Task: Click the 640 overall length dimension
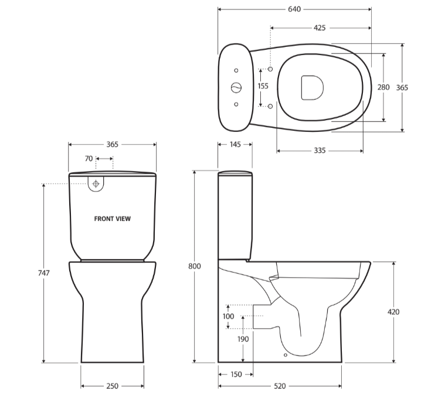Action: tap(294, 9)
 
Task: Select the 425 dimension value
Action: tap(320, 28)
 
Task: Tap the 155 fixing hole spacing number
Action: tap(263, 86)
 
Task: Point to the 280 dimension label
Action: tap(383, 87)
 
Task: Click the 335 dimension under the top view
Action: tap(320, 151)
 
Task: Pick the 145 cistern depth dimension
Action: tap(235, 144)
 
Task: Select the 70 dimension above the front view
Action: tap(89, 158)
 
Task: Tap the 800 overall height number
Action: tap(195, 266)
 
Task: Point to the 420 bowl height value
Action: tap(393, 312)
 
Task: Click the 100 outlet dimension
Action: tap(228, 317)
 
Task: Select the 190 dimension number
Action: tap(243, 339)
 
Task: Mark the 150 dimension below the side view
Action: tap(235, 374)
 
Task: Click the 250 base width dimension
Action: tap(113, 386)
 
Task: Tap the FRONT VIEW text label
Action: tap(113, 219)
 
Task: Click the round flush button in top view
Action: tap(236, 87)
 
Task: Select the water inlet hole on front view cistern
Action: tap(96, 182)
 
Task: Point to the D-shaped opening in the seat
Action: tap(311, 87)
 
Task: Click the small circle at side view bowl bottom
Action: tap(285, 355)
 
